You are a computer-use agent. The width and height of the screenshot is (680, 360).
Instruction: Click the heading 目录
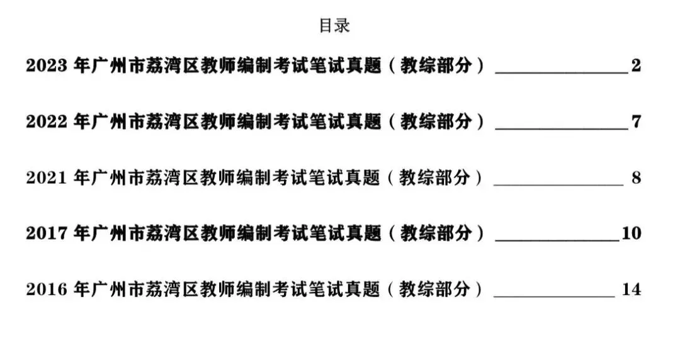(x=334, y=26)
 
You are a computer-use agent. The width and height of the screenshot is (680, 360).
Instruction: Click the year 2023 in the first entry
(x=47, y=65)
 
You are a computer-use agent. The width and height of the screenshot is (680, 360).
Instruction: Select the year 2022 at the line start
(x=47, y=121)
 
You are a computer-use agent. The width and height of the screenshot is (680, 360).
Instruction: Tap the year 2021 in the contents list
(x=47, y=177)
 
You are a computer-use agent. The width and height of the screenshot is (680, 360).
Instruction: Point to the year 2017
(x=47, y=233)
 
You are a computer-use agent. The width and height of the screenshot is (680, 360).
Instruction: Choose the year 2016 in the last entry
(x=47, y=290)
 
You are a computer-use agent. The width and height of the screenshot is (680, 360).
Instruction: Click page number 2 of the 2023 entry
(x=636, y=65)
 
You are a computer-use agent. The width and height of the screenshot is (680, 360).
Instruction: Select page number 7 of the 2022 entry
(x=636, y=121)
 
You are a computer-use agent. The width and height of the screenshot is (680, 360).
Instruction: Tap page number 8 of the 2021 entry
(x=636, y=177)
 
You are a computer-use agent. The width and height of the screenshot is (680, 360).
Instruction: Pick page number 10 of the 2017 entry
(x=632, y=233)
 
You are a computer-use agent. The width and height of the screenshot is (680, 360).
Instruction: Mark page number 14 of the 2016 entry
(x=632, y=290)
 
